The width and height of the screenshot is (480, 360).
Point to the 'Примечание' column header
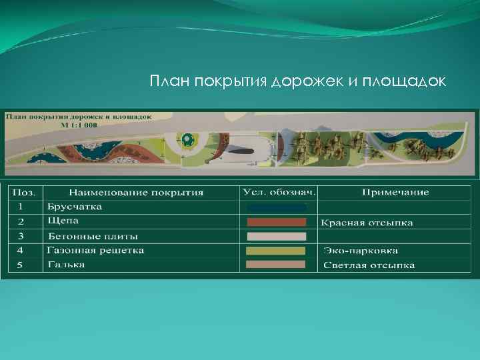tap(395, 192)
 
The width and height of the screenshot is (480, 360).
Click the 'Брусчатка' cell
tap(75, 207)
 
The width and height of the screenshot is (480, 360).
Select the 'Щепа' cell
tap(63, 221)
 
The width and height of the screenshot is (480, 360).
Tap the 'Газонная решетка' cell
tap(95, 251)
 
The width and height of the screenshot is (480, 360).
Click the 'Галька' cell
tap(67, 265)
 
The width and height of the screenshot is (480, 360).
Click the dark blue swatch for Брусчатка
tap(276, 207)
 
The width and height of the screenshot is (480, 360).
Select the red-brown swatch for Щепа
tap(276, 222)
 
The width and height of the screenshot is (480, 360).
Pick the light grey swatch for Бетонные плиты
tap(276, 237)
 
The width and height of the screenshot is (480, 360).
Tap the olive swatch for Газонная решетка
tap(276, 251)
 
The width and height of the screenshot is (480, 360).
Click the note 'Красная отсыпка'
tap(367, 223)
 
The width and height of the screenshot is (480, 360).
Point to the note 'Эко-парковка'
tap(361, 251)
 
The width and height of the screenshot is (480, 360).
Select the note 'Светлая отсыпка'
tap(369, 265)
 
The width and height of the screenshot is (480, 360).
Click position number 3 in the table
tap(21, 236)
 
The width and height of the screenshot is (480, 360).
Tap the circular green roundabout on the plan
tap(188, 140)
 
